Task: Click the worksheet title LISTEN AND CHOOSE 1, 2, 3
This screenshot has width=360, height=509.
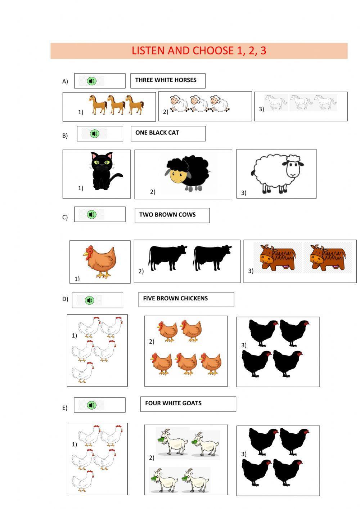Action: pyautogui.click(x=199, y=50)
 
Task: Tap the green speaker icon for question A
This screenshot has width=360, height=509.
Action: pyautogui.click(x=92, y=81)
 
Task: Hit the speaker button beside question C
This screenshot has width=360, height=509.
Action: pyautogui.click(x=92, y=215)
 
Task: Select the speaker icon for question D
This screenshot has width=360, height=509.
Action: pyautogui.click(x=89, y=300)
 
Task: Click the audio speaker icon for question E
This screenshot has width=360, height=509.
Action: pyautogui.click(x=92, y=405)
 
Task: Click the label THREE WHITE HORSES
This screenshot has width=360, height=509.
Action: pyautogui.click(x=166, y=80)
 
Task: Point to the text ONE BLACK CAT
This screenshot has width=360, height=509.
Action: pyautogui.click(x=157, y=133)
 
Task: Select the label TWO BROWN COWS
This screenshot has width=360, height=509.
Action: pyautogui.click(x=167, y=215)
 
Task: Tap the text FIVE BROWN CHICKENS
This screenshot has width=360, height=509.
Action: pyautogui.click(x=175, y=298)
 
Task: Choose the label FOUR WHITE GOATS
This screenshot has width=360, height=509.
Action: pyautogui.click(x=173, y=403)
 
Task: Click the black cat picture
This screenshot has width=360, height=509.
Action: pyautogui.click(x=104, y=172)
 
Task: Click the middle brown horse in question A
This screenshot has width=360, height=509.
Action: pyautogui.click(x=117, y=104)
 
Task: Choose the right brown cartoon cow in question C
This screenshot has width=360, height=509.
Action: pyautogui.click(x=327, y=258)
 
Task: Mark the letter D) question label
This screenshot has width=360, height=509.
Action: pyautogui.click(x=65, y=299)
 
